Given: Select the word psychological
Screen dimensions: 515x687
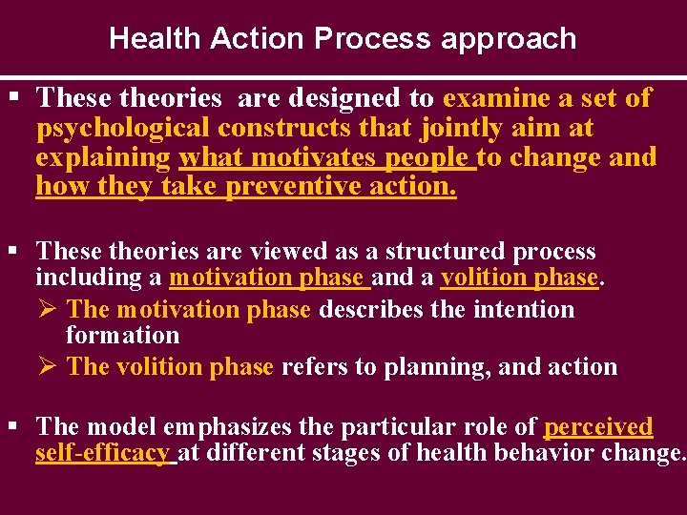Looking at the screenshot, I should click(x=123, y=128).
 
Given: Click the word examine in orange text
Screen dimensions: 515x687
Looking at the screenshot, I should click(x=495, y=98).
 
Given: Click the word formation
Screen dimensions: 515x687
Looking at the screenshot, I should click(x=122, y=336).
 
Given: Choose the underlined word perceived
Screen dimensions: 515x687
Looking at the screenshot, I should click(x=598, y=426).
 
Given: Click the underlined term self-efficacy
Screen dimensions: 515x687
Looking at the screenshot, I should click(x=103, y=453).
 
